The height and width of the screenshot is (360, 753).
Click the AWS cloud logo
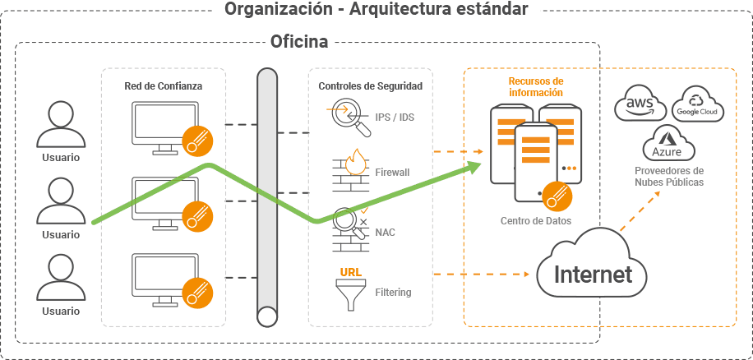(640, 104)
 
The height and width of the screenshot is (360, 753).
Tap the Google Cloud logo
(697, 104)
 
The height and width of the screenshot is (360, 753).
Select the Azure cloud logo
(668, 144)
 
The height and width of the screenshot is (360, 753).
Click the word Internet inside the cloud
(593, 274)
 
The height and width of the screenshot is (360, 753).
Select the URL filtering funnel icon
(350, 290)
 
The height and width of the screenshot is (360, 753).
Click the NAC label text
(386, 233)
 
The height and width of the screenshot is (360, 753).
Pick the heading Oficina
(299, 41)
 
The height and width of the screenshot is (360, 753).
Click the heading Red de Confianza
(164, 86)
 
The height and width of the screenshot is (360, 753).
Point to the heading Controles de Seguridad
(370, 86)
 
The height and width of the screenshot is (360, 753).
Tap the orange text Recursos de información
(536, 87)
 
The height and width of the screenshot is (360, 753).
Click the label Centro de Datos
(536, 221)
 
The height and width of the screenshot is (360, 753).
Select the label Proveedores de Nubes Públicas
(669, 176)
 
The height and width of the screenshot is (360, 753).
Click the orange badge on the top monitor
(197, 141)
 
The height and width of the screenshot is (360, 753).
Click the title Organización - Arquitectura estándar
(376, 9)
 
